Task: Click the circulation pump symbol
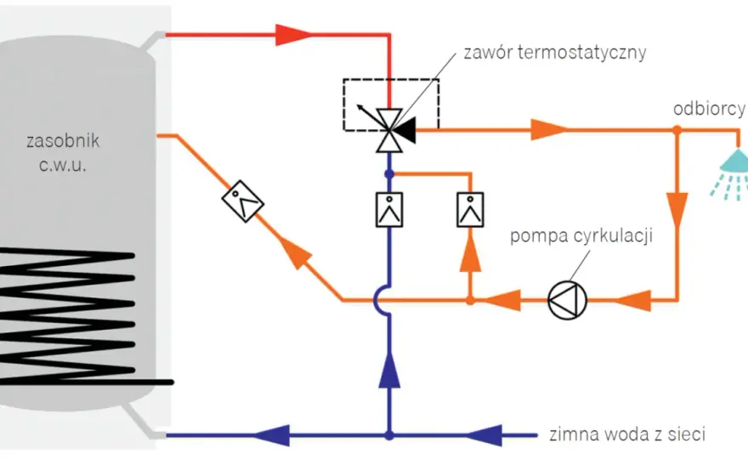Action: click(567, 300)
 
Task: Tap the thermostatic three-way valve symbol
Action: click(390, 130)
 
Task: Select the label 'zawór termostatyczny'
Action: click(555, 53)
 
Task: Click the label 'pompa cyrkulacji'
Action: click(581, 235)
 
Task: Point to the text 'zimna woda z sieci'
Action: click(626, 434)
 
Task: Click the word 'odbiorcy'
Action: click(709, 110)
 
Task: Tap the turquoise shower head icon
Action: click(731, 173)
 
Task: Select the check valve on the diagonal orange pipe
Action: click(243, 201)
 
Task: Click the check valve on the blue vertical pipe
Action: click(389, 209)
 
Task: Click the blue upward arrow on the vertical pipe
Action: click(389, 369)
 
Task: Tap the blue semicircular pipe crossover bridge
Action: click(382, 300)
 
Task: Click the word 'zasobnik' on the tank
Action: click(63, 141)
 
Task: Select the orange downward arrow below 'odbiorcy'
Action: click(677, 210)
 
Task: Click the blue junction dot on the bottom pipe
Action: click(389, 435)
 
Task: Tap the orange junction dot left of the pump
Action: click(470, 300)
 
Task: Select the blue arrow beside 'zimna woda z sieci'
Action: click(484, 435)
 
